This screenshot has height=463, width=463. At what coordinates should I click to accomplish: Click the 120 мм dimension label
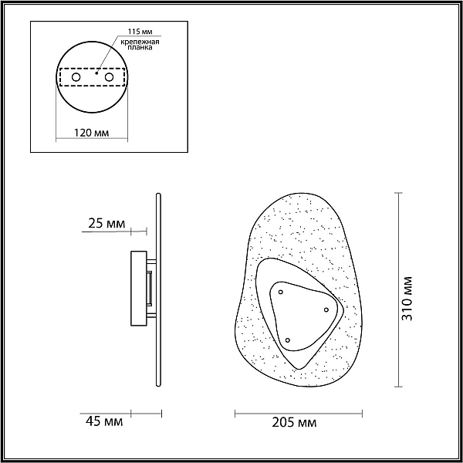coord(91,133)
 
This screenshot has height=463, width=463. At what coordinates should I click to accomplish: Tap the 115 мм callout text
coord(140,32)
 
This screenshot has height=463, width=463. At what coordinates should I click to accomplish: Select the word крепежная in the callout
coord(140,42)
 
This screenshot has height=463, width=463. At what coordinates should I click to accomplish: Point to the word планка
coord(140,47)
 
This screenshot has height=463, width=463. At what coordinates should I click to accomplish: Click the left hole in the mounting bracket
coord(76,77)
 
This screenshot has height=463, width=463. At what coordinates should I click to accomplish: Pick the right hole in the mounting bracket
coord(109,77)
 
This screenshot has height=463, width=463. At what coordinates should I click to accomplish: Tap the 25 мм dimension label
coord(106,224)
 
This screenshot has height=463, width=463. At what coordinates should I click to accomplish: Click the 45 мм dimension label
coord(104,421)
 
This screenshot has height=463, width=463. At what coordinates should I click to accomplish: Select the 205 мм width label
coord(294,423)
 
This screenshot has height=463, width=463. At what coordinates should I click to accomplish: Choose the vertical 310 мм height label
coord(407,299)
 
